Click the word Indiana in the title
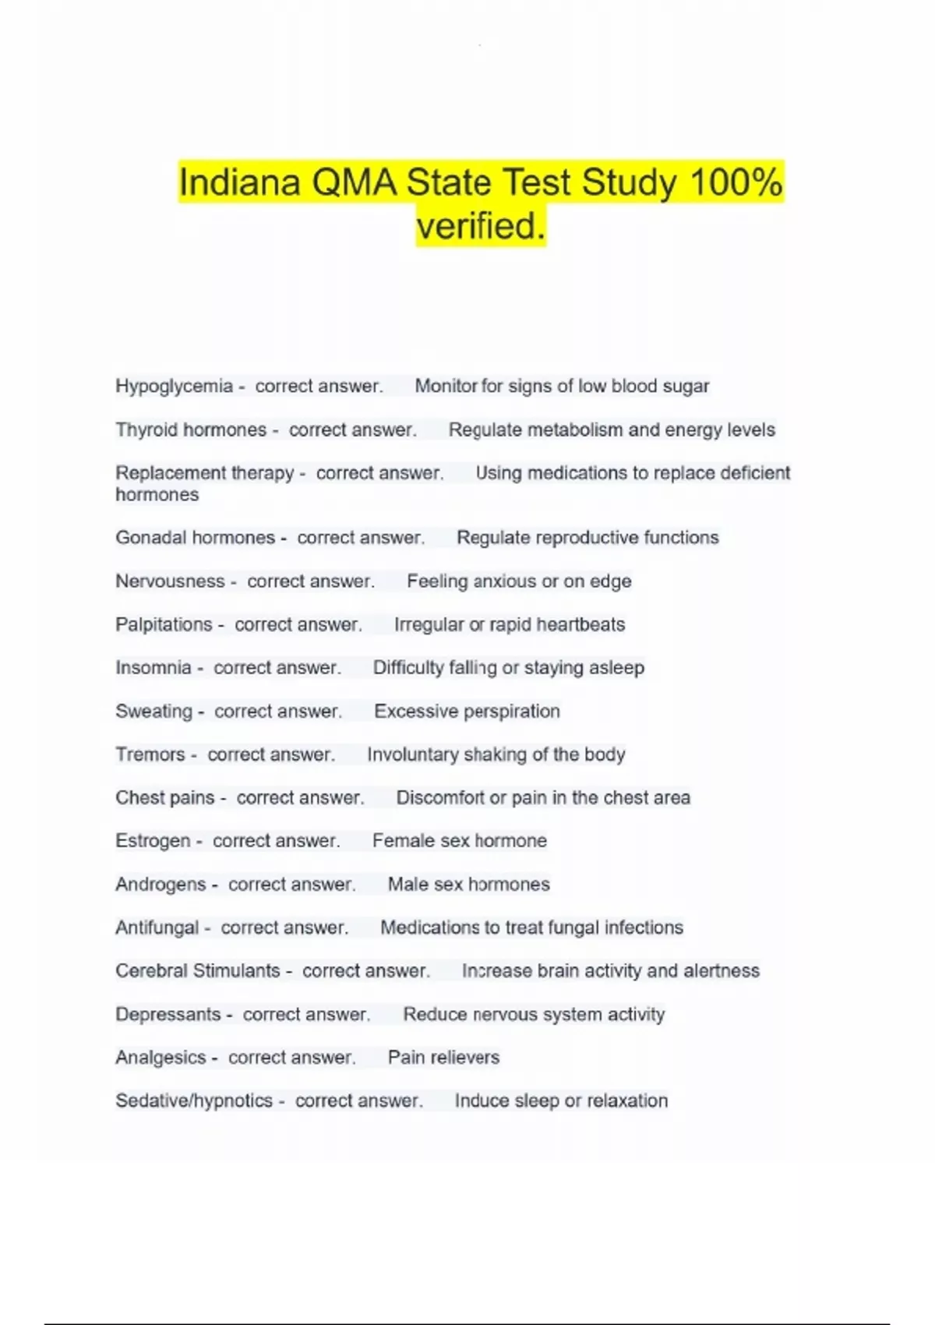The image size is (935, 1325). [239, 183]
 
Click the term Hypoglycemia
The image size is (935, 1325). [174, 387]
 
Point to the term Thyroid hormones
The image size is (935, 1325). [191, 430]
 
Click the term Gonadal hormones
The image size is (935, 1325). [195, 538]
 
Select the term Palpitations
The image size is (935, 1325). [164, 625]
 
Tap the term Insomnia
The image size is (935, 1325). [153, 668]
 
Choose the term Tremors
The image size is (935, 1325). [150, 754]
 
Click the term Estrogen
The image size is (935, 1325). [153, 841]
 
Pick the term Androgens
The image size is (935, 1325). [161, 885]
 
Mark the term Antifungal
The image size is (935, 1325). [157, 927]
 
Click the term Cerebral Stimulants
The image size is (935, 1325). [197, 971]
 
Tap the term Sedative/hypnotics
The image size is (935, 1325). [194, 1101]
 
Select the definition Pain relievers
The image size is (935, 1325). [443, 1058]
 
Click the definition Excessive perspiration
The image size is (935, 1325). [467, 712]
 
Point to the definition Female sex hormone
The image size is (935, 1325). [459, 841]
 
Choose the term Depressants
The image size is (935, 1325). [168, 1015]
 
